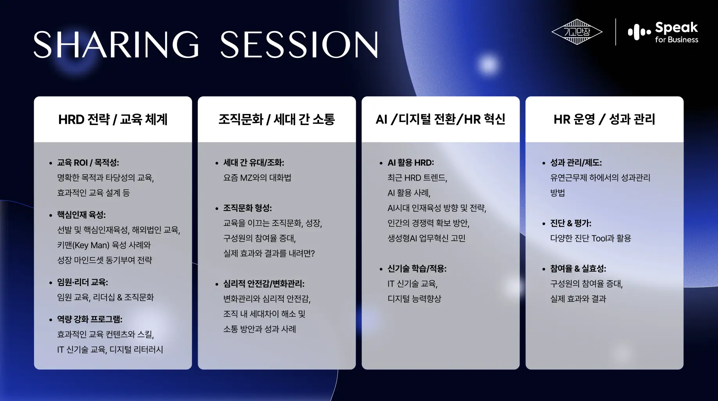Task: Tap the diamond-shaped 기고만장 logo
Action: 577,32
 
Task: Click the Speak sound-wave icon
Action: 639,32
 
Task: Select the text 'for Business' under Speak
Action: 677,40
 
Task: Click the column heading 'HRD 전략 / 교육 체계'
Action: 113,119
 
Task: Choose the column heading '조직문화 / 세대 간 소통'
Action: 276,119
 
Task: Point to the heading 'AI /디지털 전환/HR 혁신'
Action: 440,119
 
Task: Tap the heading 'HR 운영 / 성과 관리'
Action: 604,119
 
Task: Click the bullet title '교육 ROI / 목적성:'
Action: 88,163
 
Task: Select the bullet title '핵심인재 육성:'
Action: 81,215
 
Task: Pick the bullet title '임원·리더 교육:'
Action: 83,282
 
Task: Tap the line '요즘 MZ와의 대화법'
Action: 257,178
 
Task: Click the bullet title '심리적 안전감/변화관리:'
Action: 264,284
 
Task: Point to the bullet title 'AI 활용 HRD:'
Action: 411,163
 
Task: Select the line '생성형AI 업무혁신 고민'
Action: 426,238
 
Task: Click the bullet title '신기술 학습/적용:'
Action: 417,269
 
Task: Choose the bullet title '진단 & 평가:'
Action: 571,223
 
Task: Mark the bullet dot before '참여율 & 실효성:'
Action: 544,269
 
